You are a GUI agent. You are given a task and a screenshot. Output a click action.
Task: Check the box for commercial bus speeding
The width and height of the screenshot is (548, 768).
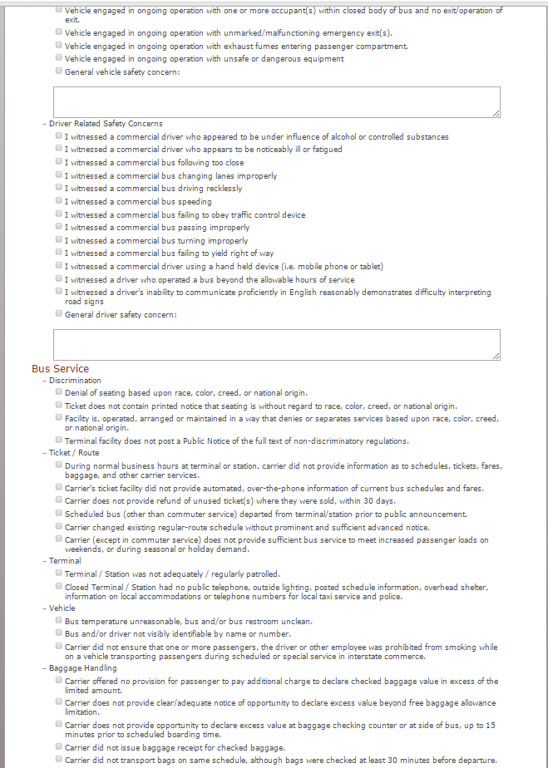coord(59,201)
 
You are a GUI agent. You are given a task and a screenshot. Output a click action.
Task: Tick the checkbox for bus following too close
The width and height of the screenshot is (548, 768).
coord(59,162)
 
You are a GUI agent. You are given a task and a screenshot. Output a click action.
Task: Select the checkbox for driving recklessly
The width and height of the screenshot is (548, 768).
coord(59,188)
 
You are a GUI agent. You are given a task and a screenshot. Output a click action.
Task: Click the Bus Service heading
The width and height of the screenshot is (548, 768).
coord(60,368)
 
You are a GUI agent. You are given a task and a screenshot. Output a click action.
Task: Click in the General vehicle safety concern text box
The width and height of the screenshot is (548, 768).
coord(276,101)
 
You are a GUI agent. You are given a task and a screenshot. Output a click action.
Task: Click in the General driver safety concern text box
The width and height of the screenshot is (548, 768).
coord(276,344)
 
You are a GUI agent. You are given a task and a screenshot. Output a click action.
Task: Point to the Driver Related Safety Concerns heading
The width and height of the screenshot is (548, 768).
coord(106,124)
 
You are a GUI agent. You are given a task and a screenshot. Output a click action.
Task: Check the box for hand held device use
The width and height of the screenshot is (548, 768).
coord(59,266)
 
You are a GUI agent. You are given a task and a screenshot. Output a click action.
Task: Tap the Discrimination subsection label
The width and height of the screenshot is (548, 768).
coord(75,381)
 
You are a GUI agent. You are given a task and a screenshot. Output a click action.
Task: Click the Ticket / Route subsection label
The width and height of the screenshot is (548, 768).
coord(74,453)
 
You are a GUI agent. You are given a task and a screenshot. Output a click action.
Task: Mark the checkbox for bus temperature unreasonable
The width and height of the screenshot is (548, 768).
coord(59,620)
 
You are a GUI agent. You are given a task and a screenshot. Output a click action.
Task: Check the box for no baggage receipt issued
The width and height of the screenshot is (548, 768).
coord(59,746)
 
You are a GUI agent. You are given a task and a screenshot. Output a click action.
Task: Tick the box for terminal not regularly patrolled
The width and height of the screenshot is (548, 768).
coord(59,573)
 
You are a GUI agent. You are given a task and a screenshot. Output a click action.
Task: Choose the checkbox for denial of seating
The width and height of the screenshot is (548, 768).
coord(59,391)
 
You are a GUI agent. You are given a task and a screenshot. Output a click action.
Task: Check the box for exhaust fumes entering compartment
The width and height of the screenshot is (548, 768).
coord(59,45)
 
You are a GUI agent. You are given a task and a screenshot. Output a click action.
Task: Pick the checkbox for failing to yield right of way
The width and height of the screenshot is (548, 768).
coord(59,253)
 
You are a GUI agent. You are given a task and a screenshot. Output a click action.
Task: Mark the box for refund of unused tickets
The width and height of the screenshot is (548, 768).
coord(59,500)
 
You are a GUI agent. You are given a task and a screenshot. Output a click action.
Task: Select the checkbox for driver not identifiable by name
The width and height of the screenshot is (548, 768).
coord(59,633)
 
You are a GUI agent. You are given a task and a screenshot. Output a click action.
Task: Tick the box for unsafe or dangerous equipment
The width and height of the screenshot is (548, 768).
coord(59,58)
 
